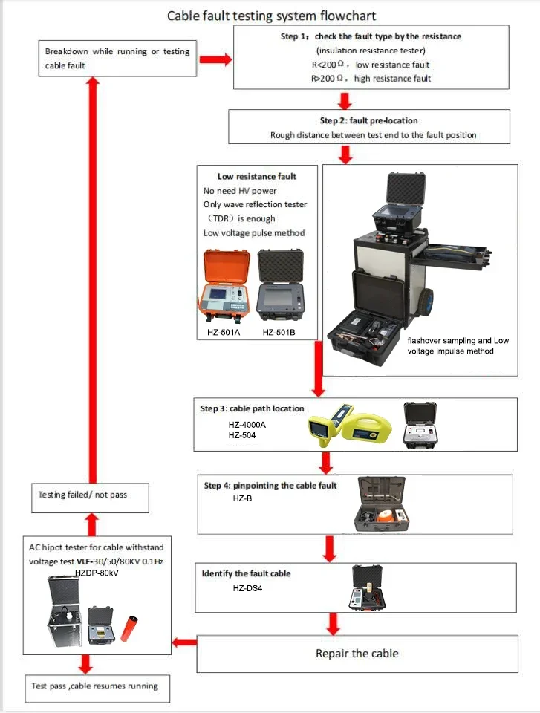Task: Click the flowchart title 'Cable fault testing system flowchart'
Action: coord(270,15)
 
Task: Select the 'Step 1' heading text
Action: coord(372,36)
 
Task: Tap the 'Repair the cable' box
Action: coord(357,654)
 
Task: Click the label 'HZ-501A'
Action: coord(224,332)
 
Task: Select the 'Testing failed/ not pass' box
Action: coord(92,495)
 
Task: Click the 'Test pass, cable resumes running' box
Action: coord(94,686)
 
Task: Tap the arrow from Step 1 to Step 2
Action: coord(344,100)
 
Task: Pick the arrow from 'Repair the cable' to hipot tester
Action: coord(183,642)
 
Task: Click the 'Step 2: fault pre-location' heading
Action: coord(368,121)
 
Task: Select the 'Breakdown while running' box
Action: coord(117,59)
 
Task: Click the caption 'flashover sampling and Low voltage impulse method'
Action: coord(450,345)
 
